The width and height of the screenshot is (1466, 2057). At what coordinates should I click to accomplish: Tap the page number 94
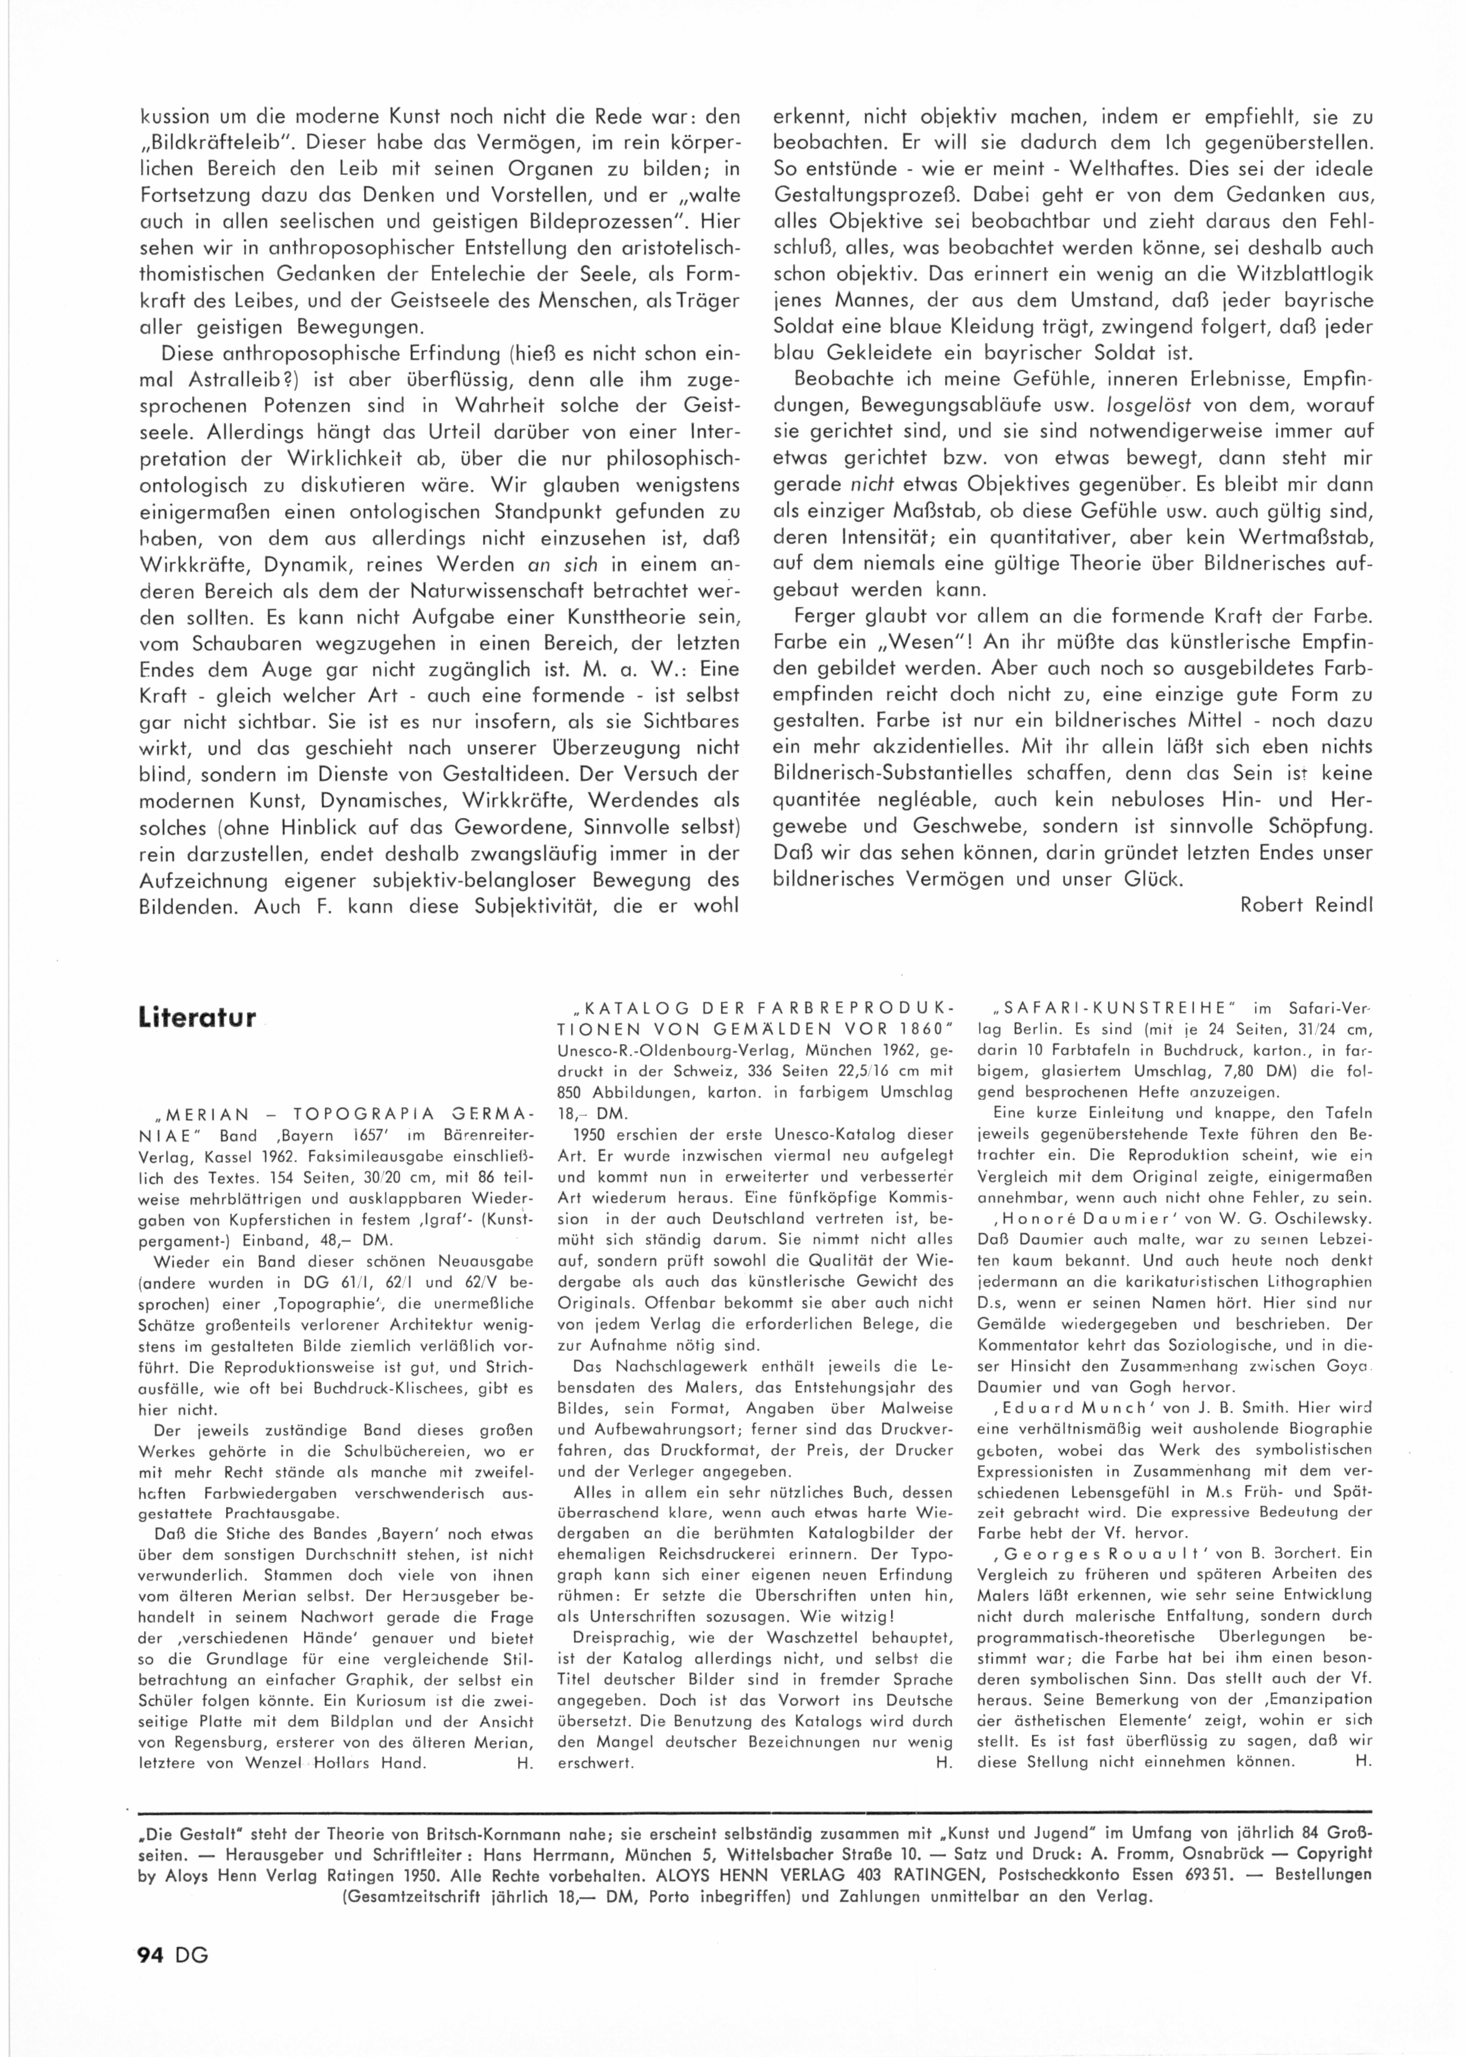coord(149,1973)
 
